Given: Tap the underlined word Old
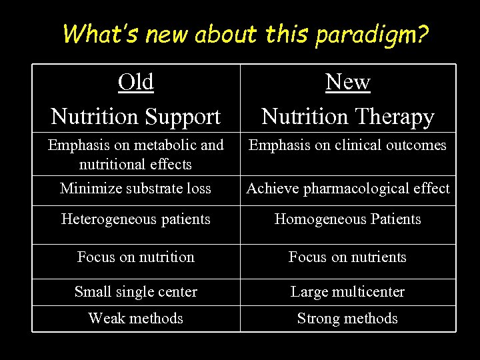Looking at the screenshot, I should [136, 82].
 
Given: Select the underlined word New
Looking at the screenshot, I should [348, 82].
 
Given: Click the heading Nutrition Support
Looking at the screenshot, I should [136, 117].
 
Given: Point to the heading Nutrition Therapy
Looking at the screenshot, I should [348, 117].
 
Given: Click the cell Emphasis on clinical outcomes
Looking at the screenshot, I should [348, 145].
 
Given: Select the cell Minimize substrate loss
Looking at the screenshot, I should [136, 189].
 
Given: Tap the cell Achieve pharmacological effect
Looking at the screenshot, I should [348, 189].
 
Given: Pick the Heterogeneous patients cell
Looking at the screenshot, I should [136, 219].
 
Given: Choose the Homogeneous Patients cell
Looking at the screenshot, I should [348, 219].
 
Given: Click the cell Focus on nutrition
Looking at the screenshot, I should [136, 257].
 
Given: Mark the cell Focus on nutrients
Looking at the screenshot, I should [348, 257].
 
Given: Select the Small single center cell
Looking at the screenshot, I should [136, 292].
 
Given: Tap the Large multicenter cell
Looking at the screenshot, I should [348, 292].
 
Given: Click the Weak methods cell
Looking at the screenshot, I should [136, 319].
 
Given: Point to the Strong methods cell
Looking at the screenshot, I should [348, 319].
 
